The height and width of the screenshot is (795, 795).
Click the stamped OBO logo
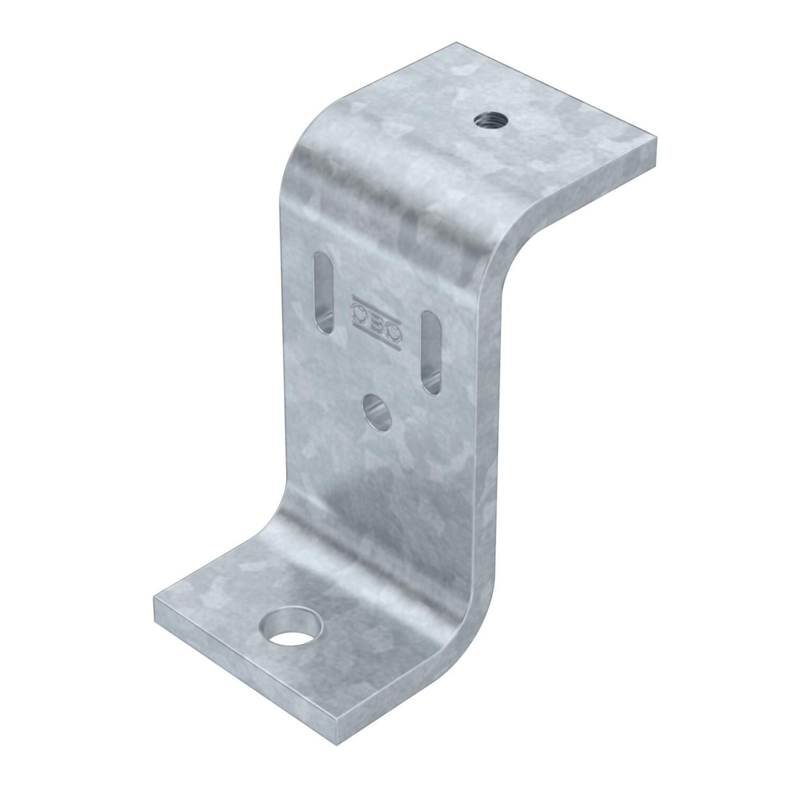click(x=376, y=319)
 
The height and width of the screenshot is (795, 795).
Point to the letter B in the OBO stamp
click(x=376, y=319)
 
